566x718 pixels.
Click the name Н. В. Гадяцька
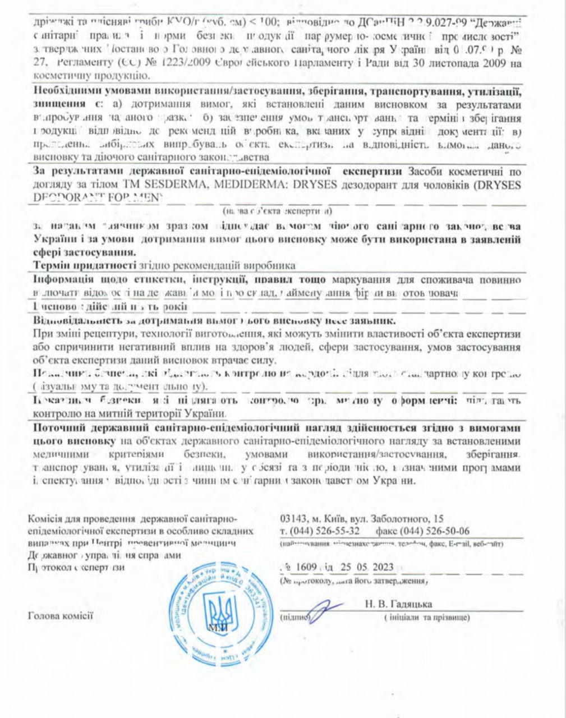(x=398, y=604)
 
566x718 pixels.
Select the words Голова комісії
(x=60, y=616)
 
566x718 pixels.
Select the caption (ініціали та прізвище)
(x=427, y=618)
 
